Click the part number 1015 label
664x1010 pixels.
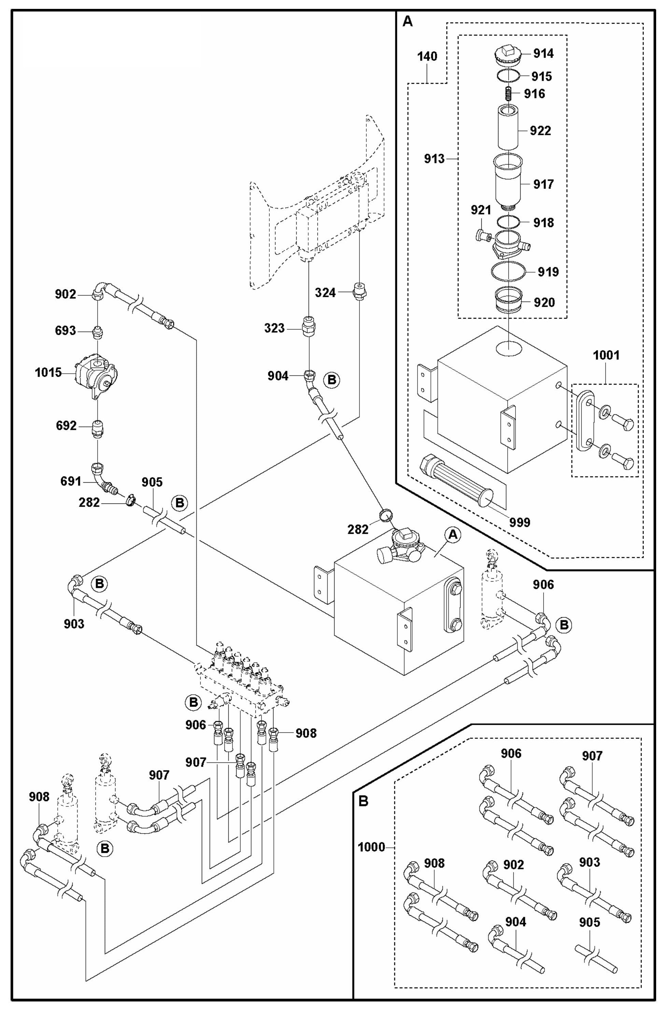(x=48, y=373)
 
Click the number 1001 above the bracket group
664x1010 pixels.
(x=606, y=355)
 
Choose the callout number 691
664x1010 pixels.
(x=70, y=481)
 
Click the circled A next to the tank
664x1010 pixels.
(x=453, y=535)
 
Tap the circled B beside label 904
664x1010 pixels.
(x=331, y=379)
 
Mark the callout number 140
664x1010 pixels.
(x=427, y=56)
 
